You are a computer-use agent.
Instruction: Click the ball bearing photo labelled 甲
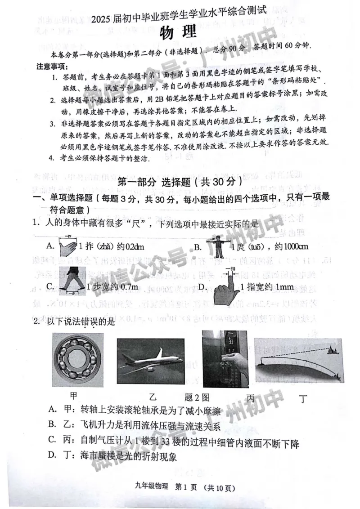click(77, 359)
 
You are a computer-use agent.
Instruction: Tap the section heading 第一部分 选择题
click(180, 182)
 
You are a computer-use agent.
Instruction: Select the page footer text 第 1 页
click(185, 487)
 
